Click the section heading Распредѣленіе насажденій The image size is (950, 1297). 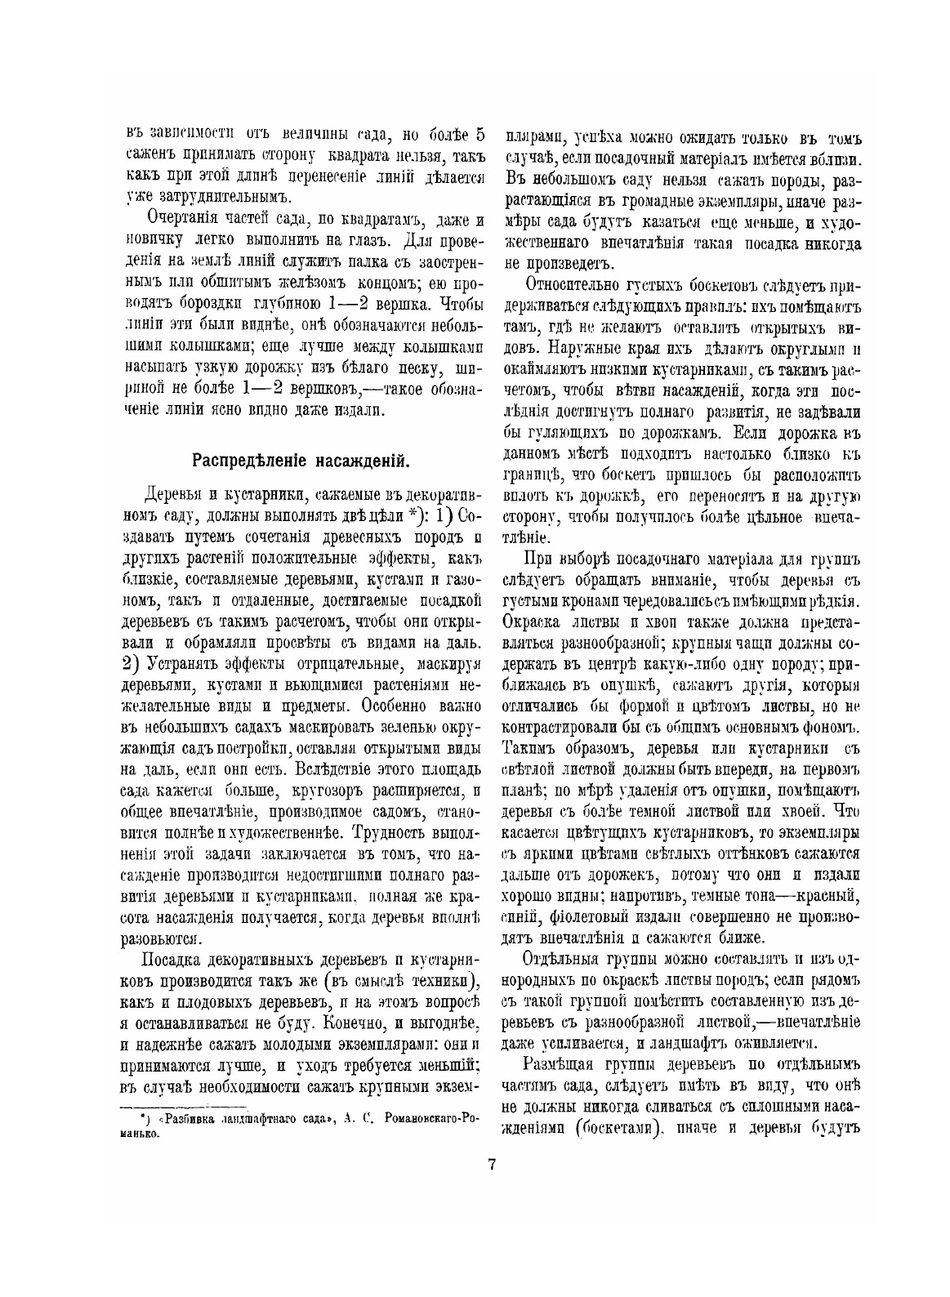[x=300, y=460]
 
